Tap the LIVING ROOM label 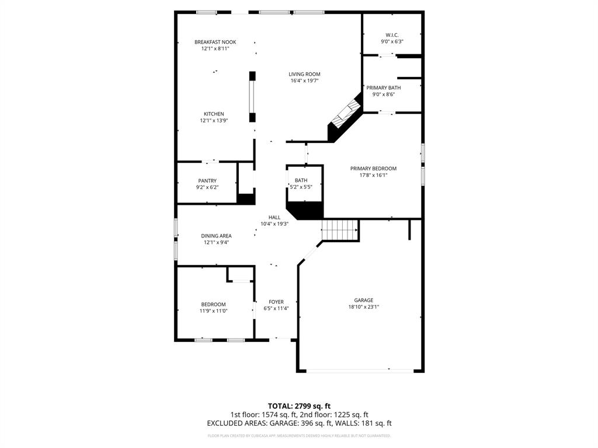[x=304, y=74]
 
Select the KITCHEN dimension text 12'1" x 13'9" [x=213, y=121]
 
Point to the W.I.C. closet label [x=391, y=34]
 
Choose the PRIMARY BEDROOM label [x=373, y=169]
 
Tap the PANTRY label [x=207, y=181]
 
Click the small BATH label [x=301, y=181]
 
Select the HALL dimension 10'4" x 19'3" [x=274, y=224]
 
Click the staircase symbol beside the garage [x=340, y=230]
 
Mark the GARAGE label [x=363, y=300]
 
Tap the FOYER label [x=276, y=302]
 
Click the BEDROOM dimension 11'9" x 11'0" [x=214, y=311]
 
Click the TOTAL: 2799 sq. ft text [x=299, y=405]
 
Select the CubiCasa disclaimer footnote [x=299, y=436]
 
